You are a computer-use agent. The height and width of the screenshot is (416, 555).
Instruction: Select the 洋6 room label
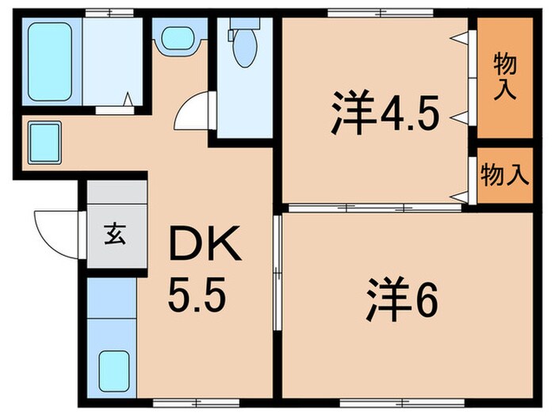click(x=401, y=302)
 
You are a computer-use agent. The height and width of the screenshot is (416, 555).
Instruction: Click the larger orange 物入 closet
click(x=505, y=76)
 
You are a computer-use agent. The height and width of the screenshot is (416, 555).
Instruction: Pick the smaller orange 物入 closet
click(x=505, y=175)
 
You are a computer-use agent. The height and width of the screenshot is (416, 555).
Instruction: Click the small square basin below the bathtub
click(x=45, y=141)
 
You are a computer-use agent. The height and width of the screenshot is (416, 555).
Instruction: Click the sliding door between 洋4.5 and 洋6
click(x=373, y=208)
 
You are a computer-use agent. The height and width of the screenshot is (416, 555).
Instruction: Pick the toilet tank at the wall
click(x=239, y=32)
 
